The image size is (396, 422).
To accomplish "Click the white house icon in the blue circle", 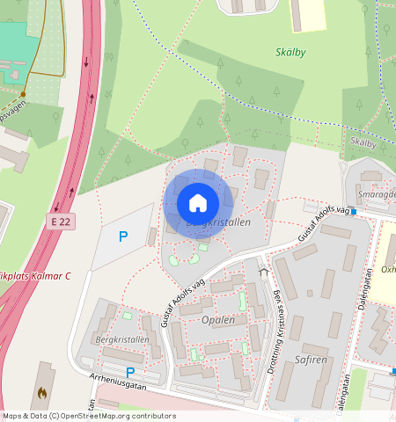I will point(198,203).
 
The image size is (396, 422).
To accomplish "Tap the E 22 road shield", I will point(60,222).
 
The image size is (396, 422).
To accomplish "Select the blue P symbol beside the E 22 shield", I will point(123,236).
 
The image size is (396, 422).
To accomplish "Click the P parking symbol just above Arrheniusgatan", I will point(130,372).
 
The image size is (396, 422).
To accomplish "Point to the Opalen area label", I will point(218,320).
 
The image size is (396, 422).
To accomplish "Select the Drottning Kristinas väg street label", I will point(274,334).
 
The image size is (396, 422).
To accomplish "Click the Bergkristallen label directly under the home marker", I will point(219,223).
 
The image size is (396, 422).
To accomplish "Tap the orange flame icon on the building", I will point(41,393).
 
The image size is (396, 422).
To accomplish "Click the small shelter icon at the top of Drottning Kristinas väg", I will point(262,272).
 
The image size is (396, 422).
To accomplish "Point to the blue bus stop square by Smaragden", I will point(352,211).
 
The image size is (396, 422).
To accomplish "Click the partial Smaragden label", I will point(377,194).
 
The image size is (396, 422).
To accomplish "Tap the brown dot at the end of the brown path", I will point(24,94).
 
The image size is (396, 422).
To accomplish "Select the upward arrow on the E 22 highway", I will point(86,62).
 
